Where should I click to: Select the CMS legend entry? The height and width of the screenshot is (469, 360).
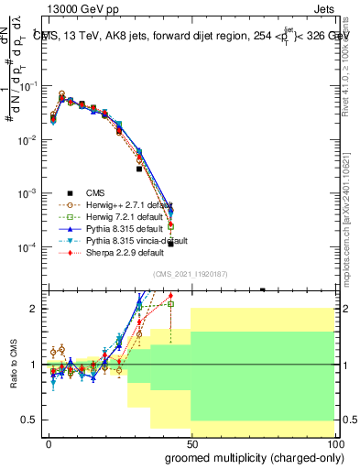pos(96,192)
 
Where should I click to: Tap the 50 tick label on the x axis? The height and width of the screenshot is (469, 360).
pos(191,442)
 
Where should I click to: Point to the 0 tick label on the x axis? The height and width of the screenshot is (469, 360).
pos(49,442)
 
